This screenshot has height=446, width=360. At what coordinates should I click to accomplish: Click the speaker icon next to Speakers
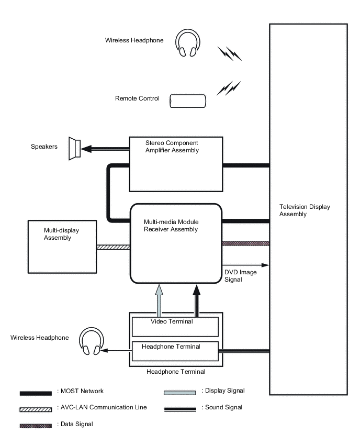(x=74, y=148)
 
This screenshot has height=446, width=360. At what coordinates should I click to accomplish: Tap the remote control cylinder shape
(x=187, y=101)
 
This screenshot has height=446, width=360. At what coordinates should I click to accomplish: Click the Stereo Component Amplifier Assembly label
(x=172, y=146)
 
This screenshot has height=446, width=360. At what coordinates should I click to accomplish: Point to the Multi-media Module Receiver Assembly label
(x=171, y=225)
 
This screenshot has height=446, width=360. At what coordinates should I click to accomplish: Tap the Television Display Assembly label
(x=305, y=210)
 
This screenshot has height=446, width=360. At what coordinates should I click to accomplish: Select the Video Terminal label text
(x=172, y=321)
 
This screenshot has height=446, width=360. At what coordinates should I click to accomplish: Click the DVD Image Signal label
(x=240, y=276)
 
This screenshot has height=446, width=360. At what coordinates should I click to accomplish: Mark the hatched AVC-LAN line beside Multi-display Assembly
(x=113, y=247)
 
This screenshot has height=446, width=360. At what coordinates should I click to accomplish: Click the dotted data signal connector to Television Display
(x=246, y=243)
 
